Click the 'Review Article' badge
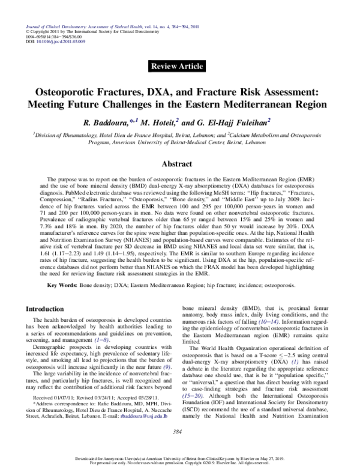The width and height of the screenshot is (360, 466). point(179,65)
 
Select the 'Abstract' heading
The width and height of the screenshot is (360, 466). point(179,163)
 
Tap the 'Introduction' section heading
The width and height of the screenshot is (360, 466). point(47,308)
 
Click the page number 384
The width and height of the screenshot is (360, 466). point(179,432)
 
